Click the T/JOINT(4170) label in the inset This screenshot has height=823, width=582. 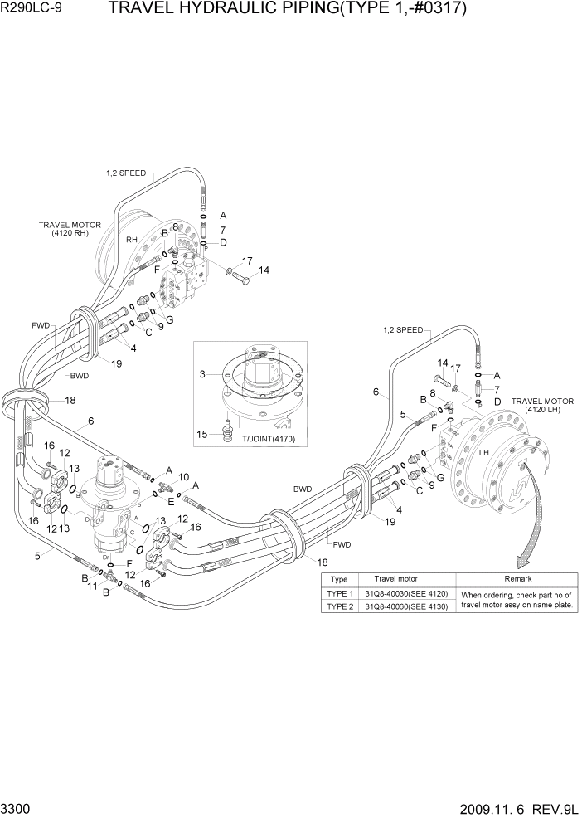(x=267, y=439)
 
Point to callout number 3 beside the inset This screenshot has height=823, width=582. (x=202, y=375)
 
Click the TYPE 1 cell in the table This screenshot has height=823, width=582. (x=340, y=593)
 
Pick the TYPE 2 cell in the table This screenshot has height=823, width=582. (x=340, y=606)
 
